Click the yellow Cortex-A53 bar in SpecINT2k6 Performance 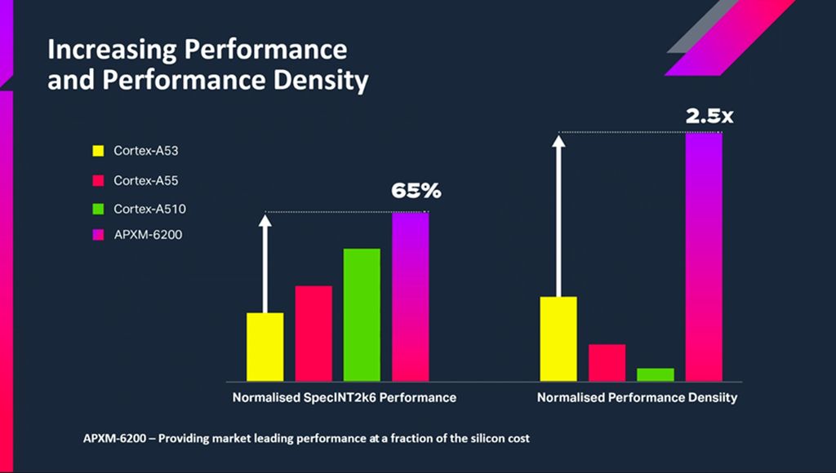click(265, 347)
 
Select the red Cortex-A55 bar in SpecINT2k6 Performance click(313, 333)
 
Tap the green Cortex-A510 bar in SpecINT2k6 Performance click(362, 314)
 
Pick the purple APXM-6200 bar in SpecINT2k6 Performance click(410, 296)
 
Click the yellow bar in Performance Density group click(558, 338)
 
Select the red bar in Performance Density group click(607, 362)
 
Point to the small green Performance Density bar click(655, 374)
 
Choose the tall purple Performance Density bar click(704, 256)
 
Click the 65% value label click(416, 191)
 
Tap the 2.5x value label click(709, 116)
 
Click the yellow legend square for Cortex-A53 click(98, 151)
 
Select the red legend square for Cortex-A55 click(98, 180)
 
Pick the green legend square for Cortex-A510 click(98, 210)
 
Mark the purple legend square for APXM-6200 click(98, 236)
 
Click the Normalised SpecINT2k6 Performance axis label click(344, 398)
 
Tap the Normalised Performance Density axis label click(637, 398)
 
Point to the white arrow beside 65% click(265, 261)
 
